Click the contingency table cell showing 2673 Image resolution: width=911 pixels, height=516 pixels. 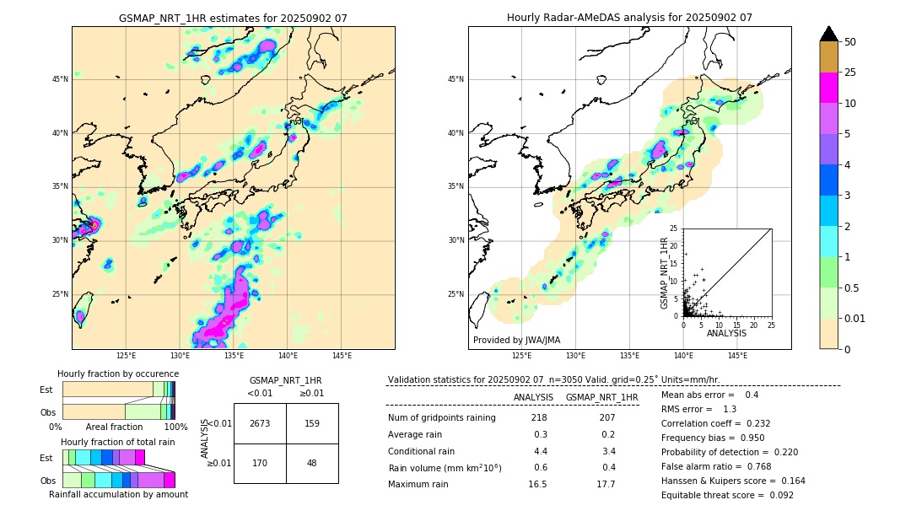tap(260, 423)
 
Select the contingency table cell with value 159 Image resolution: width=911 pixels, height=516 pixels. tap(312, 423)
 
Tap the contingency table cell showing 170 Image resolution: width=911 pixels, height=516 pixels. tap(260, 463)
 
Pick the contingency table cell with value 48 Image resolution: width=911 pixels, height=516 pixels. tap(312, 463)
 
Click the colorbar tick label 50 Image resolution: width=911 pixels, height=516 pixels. tap(850, 42)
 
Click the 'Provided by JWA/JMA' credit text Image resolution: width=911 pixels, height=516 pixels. tap(516, 341)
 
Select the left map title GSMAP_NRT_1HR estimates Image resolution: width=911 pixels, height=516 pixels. tap(233, 18)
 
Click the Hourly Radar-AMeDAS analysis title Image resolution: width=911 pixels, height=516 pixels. tap(629, 18)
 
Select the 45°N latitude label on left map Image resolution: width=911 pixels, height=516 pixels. tap(60, 79)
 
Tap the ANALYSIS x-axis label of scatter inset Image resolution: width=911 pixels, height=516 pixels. tap(726, 333)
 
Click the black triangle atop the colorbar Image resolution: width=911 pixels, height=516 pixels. tap(829, 34)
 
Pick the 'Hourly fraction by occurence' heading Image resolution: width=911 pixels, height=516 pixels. tap(118, 374)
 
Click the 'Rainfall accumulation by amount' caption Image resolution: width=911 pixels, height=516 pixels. tap(118, 494)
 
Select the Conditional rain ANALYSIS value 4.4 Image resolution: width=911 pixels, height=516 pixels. tap(539, 451)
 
